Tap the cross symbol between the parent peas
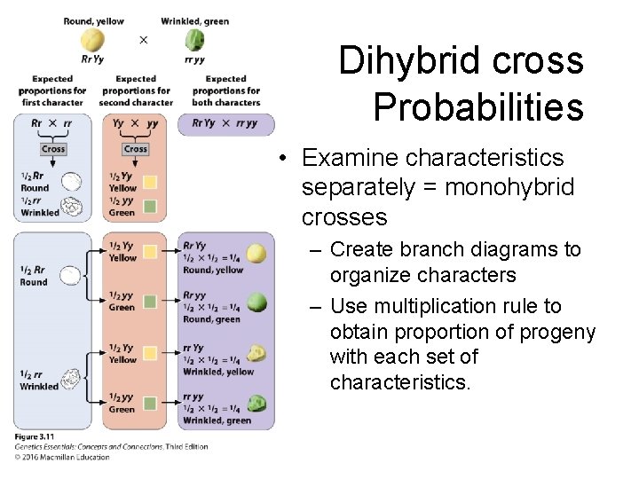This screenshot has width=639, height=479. [x=144, y=40]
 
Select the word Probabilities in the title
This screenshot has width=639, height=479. [x=478, y=106]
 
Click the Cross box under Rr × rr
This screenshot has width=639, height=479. [x=53, y=149]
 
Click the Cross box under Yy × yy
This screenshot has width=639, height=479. [x=136, y=149]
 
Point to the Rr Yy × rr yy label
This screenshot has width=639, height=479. [x=225, y=124]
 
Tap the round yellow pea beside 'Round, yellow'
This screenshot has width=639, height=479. [x=256, y=254]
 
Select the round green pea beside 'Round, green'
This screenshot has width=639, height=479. [x=256, y=302]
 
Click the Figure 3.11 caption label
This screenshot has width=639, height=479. [x=34, y=437]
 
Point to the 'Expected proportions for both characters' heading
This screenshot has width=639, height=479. [x=226, y=90]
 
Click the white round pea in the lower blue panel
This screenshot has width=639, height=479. [x=69, y=278]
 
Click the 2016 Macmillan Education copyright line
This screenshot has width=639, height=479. [x=62, y=458]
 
